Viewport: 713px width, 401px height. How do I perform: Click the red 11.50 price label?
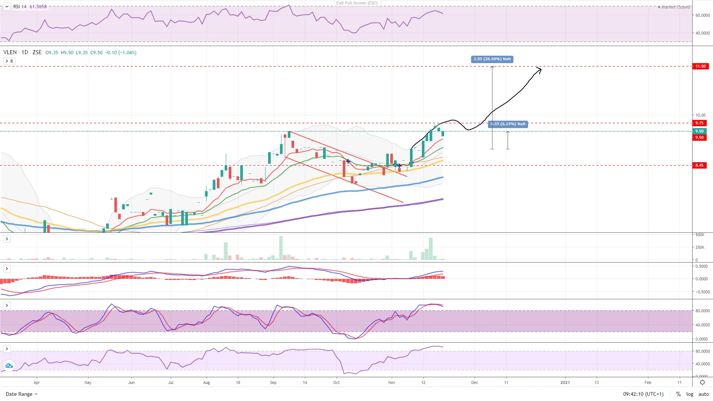pyautogui.click(x=700, y=66)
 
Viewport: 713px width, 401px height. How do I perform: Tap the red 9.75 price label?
pyautogui.click(x=699, y=123)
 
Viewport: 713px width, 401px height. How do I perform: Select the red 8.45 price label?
pyautogui.click(x=699, y=166)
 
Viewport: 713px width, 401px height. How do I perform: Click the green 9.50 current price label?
pyautogui.click(x=699, y=131)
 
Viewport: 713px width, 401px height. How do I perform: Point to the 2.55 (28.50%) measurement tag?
pyautogui.click(x=492, y=59)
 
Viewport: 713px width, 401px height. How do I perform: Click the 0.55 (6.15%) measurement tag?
pyautogui.click(x=508, y=124)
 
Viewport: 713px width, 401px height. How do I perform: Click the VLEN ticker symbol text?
pyautogui.click(x=10, y=52)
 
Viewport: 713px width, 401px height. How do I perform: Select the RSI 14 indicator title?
pyautogui.click(x=20, y=7)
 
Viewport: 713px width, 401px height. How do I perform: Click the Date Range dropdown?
pyautogui.click(x=22, y=394)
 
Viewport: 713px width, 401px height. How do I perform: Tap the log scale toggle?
pyautogui.click(x=690, y=394)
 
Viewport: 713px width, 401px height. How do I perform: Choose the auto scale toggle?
pyautogui.click(x=703, y=394)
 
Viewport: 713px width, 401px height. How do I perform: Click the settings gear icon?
pyautogui.click(x=702, y=382)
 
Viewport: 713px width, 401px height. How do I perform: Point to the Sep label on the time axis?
pyautogui.click(x=273, y=382)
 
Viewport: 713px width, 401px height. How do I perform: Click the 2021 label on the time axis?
pyautogui.click(x=565, y=382)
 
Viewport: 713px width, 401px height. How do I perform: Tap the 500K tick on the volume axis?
pyautogui.click(x=700, y=235)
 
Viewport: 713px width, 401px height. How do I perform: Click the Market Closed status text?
pyautogui.click(x=675, y=7)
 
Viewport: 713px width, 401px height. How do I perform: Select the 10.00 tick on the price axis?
pyautogui.click(x=700, y=115)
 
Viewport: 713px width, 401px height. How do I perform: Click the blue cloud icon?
pyautogui.click(x=9, y=366)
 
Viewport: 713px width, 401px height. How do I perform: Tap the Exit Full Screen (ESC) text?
pyautogui.click(x=357, y=3)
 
